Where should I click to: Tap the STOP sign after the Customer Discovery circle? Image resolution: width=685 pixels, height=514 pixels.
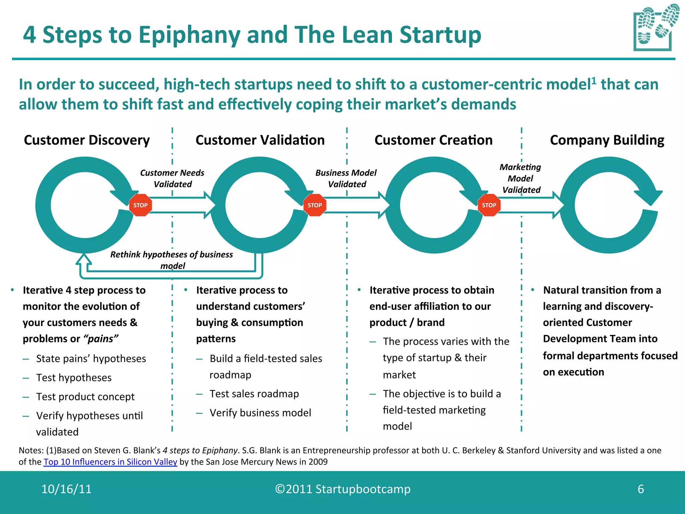(x=140, y=205)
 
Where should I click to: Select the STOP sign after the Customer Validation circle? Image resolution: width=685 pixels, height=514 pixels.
(x=315, y=205)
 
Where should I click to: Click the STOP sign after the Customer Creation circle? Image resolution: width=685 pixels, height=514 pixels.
(x=489, y=205)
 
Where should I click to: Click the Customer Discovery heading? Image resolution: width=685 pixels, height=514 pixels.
(x=87, y=140)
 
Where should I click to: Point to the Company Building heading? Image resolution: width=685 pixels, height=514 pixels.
(x=607, y=140)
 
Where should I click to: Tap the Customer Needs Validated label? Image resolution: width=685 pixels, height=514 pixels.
(x=172, y=178)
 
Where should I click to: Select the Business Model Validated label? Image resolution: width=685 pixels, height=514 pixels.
(x=346, y=178)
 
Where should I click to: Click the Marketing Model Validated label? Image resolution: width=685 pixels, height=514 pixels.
(x=520, y=178)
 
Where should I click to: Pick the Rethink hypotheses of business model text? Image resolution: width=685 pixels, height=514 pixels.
(x=172, y=260)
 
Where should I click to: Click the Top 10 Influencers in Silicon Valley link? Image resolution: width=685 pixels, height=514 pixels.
(x=110, y=462)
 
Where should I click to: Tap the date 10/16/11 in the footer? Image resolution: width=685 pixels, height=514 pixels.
(x=66, y=489)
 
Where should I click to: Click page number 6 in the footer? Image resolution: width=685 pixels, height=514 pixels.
(x=641, y=489)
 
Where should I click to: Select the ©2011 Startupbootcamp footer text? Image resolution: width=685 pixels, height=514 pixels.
(x=342, y=489)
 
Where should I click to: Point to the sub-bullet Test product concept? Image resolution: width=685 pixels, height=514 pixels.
(x=85, y=397)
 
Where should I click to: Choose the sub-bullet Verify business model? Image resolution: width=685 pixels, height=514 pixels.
(x=260, y=413)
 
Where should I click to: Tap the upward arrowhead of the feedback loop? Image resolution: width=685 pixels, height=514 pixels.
(x=84, y=259)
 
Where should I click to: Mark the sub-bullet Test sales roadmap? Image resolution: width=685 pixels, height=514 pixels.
(x=254, y=394)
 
